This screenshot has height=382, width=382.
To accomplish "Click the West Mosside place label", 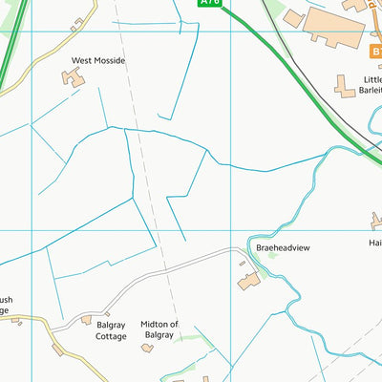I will pyautogui.click(x=98, y=60).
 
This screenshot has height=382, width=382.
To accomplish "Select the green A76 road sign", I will pyautogui.click(x=210, y=4).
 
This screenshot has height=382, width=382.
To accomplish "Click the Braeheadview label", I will pyautogui.click(x=284, y=247).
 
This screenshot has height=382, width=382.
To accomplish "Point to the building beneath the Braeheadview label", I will pyautogui.click(x=248, y=281).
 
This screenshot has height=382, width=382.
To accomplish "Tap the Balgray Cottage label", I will pyautogui.click(x=111, y=330).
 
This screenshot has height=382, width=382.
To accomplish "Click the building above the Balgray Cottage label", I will pyautogui.click(x=87, y=320).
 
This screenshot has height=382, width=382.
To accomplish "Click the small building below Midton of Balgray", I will pyautogui.click(x=147, y=348).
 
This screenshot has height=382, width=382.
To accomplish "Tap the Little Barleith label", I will pyautogui.click(x=370, y=85).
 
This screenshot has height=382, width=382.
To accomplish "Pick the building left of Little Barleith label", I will pyautogui.click(x=344, y=88).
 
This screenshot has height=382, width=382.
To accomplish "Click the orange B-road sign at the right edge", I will pyautogui.click(x=376, y=50).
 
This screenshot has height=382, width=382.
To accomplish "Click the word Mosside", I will pyautogui.click(x=109, y=60).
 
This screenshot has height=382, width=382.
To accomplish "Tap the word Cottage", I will pyautogui.click(x=111, y=336).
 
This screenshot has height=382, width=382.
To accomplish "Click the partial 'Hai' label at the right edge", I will pyautogui.click(x=374, y=243).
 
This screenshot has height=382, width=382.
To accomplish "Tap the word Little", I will pyautogui.click(x=370, y=79).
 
